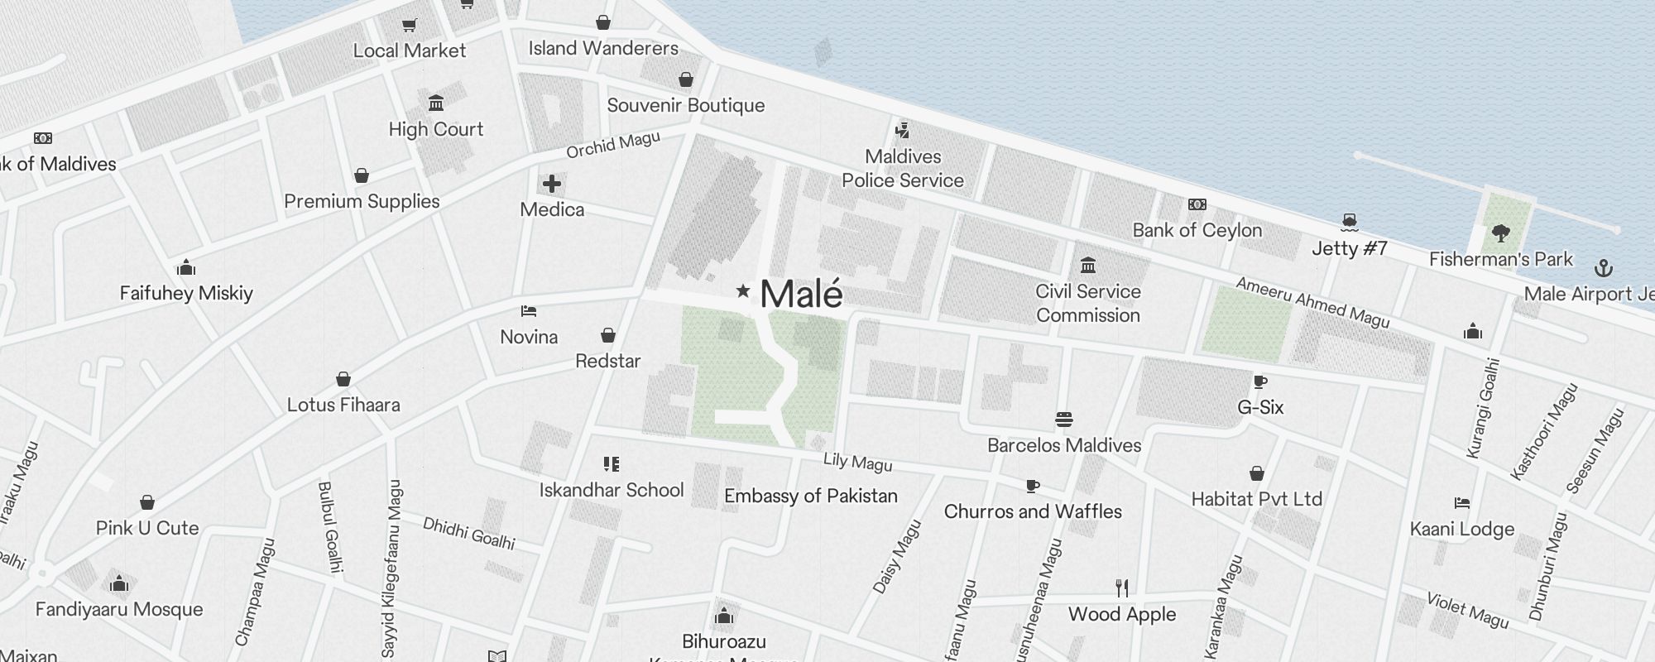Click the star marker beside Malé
(x=743, y=290)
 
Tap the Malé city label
(x=801, y=295)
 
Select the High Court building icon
(x=436, y=103)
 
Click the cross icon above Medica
(x=552, y=184)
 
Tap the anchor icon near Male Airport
(x=1604, y=268)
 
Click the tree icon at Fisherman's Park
(x=1501, y=233)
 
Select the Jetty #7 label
(x=1349, y=248)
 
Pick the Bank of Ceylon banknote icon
(x=1197, y=204)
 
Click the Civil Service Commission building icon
(x=1088, y=266)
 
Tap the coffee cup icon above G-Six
(x=1260, y=381)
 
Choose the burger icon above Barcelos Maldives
(x=1064, y=420)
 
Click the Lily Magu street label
(x=858, y=463)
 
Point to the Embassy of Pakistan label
(x=810, y=496)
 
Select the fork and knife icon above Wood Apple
(x=1122, y=588)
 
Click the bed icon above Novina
(x=529, y=311)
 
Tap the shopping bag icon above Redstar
(x=608, y=335)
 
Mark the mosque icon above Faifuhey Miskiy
(x=186, y=267)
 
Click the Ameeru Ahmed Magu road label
(x=1312, y=302)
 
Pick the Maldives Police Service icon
(x=903, y=131)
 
